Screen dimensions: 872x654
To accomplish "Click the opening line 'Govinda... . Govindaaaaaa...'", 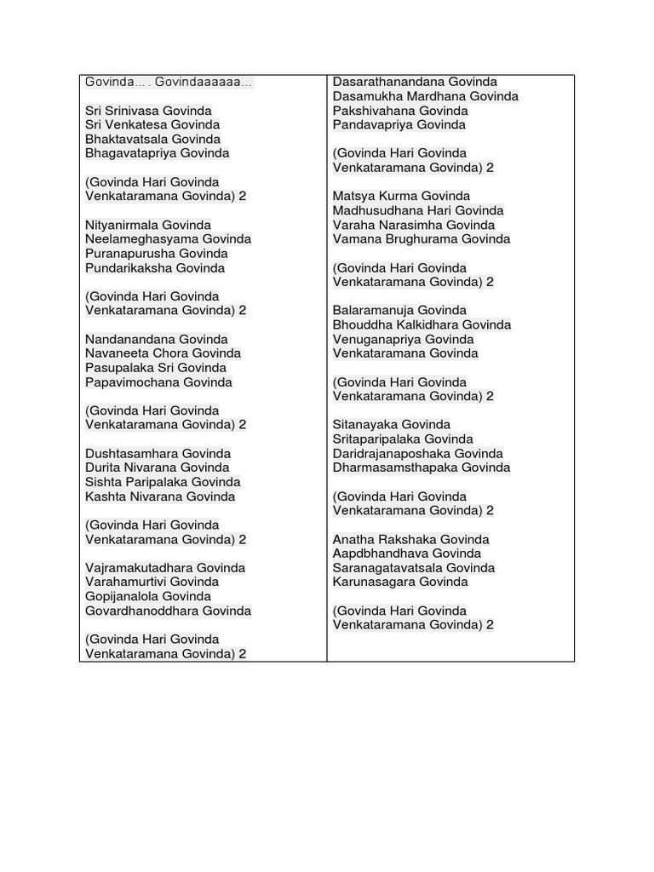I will coord(169,82).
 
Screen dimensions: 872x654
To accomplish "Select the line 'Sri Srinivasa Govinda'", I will coord(148,111).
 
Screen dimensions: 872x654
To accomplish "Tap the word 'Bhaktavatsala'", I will coord(127,139).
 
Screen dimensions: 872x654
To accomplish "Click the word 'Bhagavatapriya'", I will coord(130,153).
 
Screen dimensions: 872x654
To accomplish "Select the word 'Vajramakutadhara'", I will coord(139,568).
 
